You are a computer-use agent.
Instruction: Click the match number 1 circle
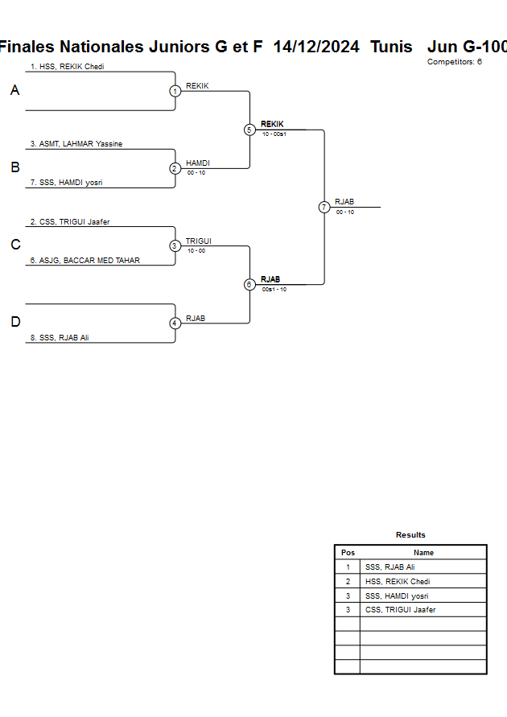(x=175, y=91)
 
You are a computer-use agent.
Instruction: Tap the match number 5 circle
(x=249, y=130)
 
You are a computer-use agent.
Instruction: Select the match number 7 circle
(x=324, y=207)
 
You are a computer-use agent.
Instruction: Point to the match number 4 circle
(x=175, y=323)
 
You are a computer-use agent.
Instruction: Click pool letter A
(x=14, y=91)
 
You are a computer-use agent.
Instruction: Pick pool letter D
(x=14, y=323)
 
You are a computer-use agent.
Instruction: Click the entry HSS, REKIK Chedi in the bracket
(x=68, y=67)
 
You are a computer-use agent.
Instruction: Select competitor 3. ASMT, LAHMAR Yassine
(x=76, y=144)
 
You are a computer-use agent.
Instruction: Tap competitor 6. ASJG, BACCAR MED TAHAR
(x=84, y=261)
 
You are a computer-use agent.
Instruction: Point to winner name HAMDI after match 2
(x=197, y=163)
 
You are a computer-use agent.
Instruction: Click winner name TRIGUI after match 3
(x=198, y=241)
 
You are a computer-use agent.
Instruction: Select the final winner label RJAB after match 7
(x=344, y=202)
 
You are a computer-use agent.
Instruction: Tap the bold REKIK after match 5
(x=272, y=125)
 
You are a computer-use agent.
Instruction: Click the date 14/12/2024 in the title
(x=316, y=47)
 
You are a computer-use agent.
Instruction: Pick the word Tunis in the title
(x=391, y=47)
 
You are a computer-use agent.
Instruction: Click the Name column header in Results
(x=423, y=553)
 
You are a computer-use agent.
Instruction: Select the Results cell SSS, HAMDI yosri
(x=397, y=596)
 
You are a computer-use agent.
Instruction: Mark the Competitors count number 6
(x=480, y=62)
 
